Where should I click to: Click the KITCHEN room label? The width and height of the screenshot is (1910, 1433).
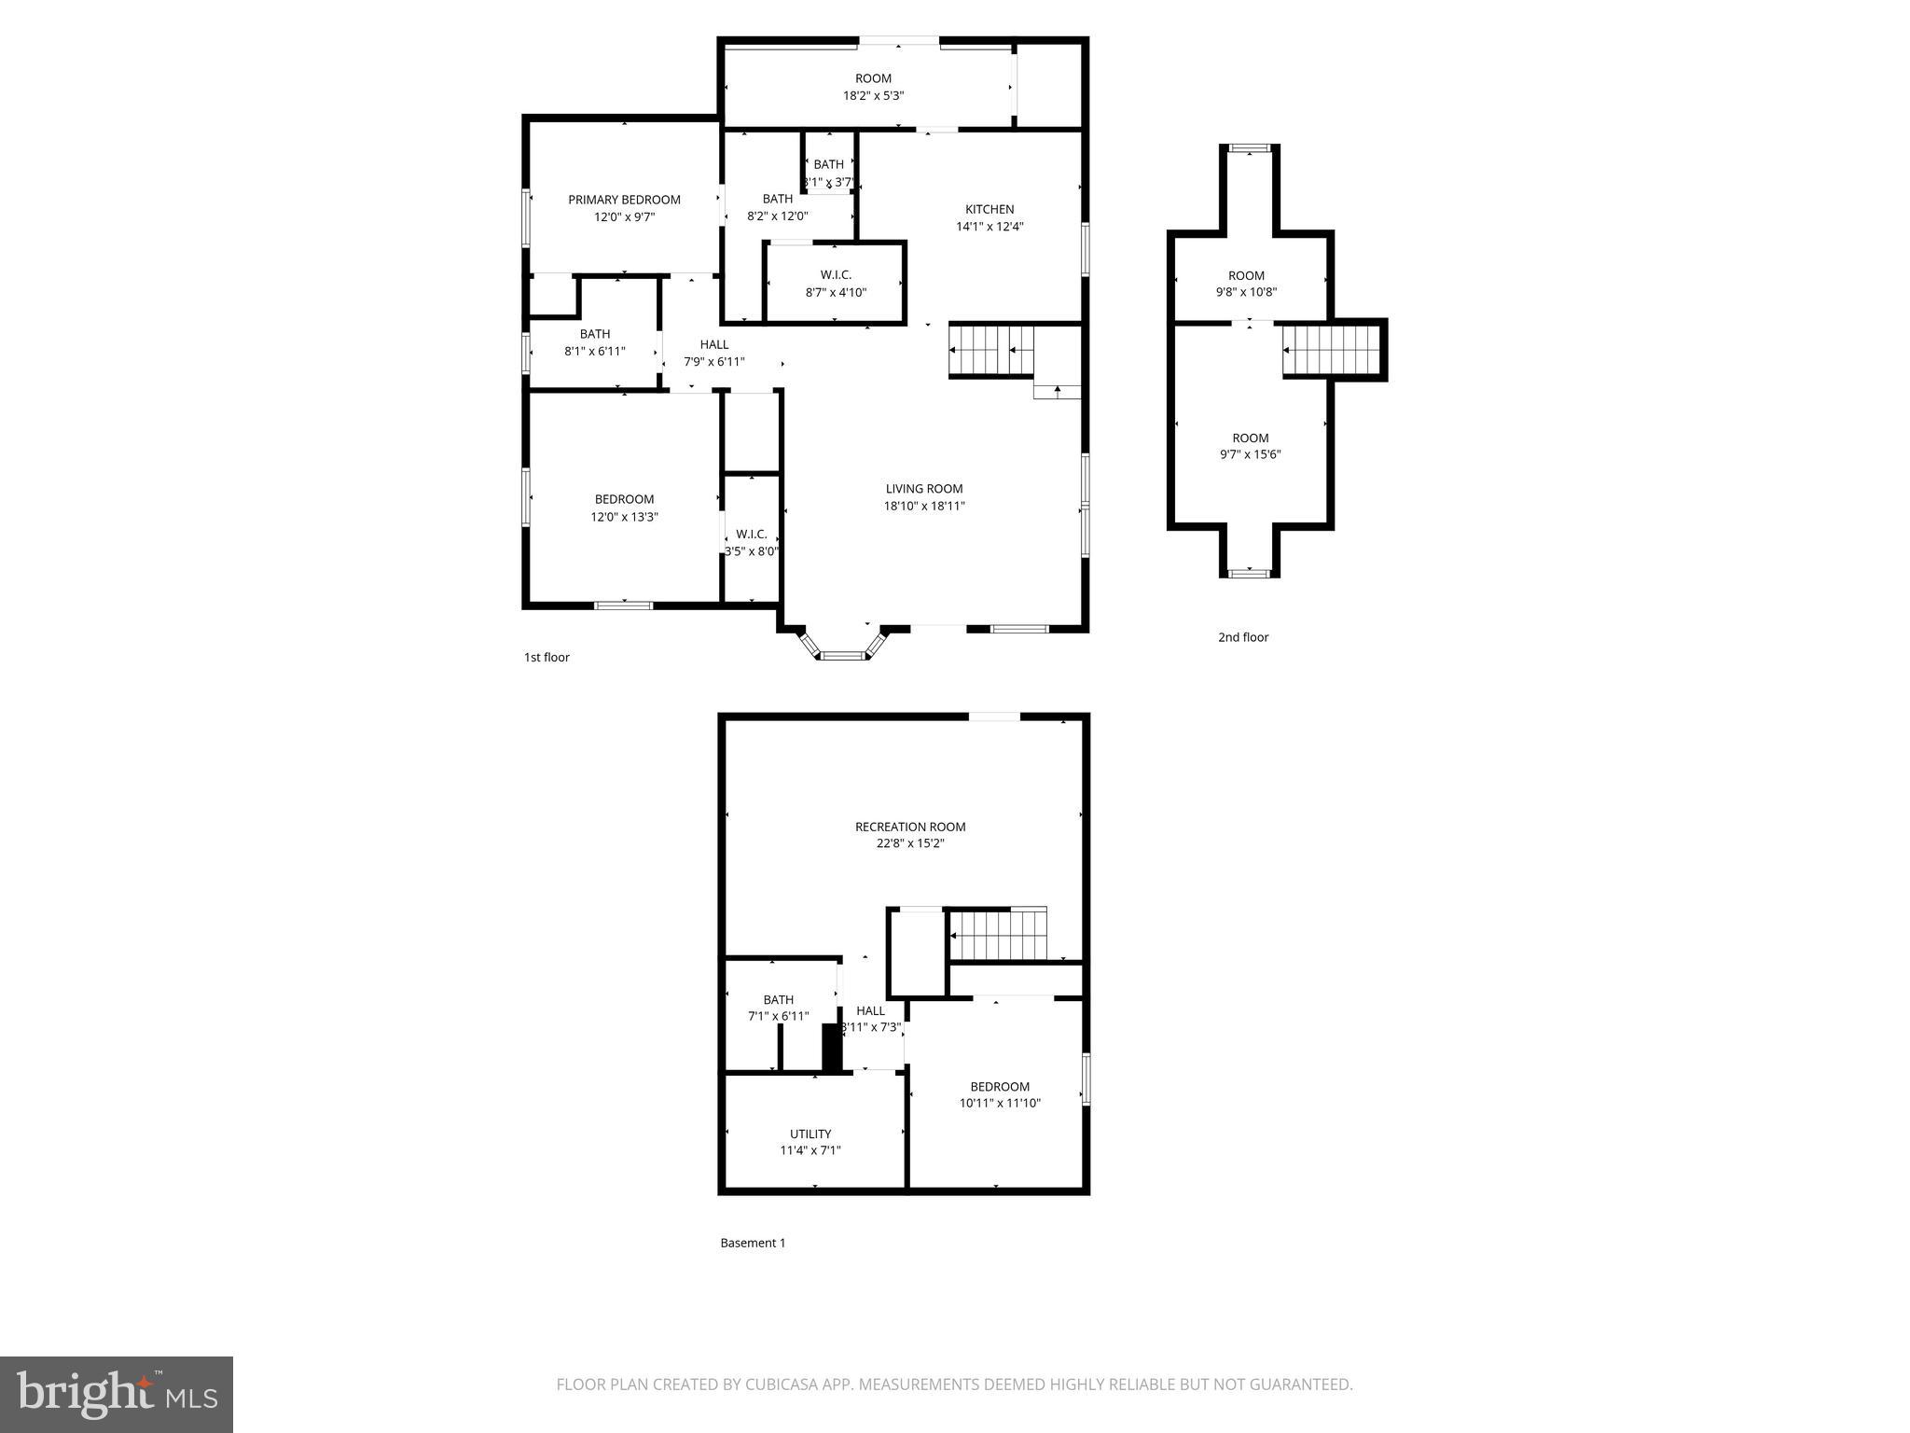click(x=989, y=209)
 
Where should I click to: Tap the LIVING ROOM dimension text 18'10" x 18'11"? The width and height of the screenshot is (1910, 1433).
click(x=923, y=506)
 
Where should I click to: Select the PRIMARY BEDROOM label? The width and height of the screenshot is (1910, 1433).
click(x=624, y=200)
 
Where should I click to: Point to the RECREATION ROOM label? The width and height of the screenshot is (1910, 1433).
click(x=909, y=827)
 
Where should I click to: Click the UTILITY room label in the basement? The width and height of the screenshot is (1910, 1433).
click(x=810, y=1134)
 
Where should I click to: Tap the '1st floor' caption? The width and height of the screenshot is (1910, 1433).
click(x=546, y=657)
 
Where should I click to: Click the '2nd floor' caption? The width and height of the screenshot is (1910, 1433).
click(x=1242, y=637)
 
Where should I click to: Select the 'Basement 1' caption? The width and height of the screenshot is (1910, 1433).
click(x=752, y=1243)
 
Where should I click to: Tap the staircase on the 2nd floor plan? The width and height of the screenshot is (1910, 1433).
click(x=1331, y=350)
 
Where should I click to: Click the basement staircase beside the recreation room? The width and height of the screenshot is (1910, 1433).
click(x=997, y=935)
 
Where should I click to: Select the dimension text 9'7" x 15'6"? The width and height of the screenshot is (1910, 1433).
click(x=1250, y=454)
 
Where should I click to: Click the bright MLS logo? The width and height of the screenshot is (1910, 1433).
click(x=116, y=1394)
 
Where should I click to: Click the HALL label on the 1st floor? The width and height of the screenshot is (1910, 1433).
click(x=713, y=344)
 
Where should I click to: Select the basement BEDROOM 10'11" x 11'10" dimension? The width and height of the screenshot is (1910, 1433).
click(x=999, y=1103)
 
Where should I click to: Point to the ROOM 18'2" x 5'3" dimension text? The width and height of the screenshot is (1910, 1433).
click(x=873, y=95)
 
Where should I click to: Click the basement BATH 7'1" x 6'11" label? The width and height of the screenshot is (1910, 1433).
click(x=778, y=999)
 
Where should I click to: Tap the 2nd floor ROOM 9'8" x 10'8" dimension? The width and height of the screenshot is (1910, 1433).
click(x=1245, y=292)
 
